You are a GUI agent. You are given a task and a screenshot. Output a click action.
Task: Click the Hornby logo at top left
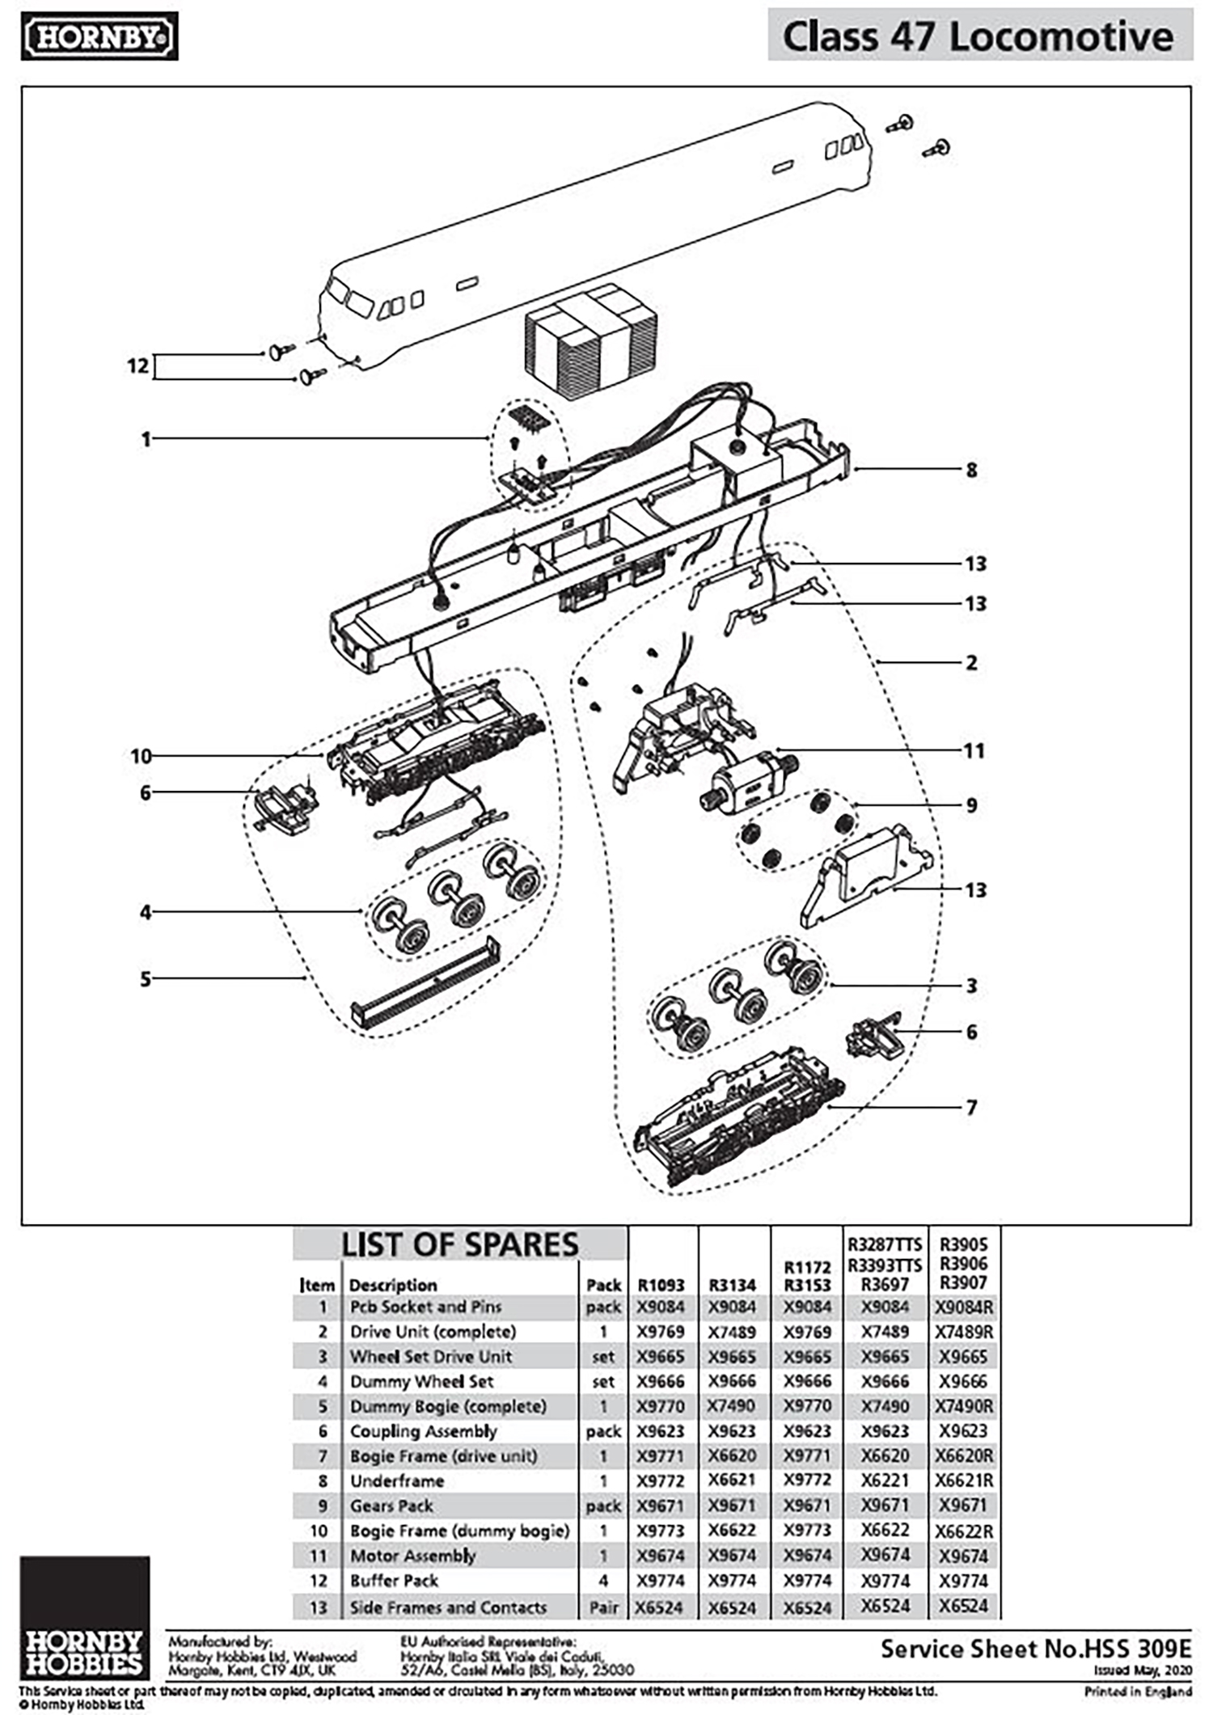(x=99, y=37)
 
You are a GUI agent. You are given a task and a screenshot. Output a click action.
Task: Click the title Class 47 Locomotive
(x=978, y=37)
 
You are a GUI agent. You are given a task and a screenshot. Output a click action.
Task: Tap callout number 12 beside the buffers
(x=138, y=366)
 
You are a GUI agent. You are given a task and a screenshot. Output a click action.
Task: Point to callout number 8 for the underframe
(x=971, y=470)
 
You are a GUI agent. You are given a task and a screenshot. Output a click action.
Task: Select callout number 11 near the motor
(x=974, y=751)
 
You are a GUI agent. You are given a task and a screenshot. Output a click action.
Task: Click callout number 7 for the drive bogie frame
(x=971, y=1107)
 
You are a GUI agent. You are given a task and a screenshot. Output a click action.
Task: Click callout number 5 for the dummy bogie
(x=146, y=979)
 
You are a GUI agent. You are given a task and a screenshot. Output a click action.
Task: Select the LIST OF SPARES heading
(x=459, y=1244)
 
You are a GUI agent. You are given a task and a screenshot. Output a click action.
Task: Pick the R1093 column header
(x=661, y=1285)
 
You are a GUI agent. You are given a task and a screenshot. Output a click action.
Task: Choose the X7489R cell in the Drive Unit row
(x=963, y=1332)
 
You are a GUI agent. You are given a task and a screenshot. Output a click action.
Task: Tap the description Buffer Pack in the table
(x=394, y=1581)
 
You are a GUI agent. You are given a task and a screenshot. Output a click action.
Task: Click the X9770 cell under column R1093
(x=661, y=1406)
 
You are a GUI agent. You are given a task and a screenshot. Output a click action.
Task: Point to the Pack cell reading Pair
(x=603, y=1607)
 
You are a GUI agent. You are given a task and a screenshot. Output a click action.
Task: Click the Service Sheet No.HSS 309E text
(x=1035, y=1649)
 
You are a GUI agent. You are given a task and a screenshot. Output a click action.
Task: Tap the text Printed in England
(x=1138, y=1691)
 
